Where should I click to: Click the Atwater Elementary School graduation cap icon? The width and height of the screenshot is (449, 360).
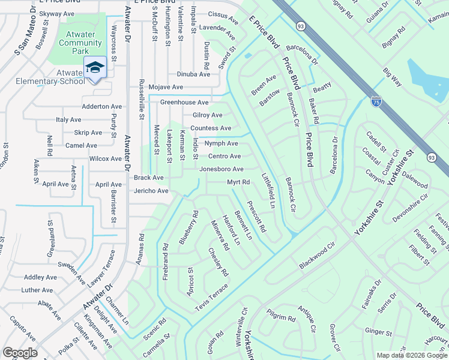(95, 67)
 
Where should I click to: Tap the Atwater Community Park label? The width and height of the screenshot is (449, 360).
(80, 43)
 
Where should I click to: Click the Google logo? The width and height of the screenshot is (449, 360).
(20, 353)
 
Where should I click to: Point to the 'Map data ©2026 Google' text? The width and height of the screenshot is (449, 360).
(411, 355)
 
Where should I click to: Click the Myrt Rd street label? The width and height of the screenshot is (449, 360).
(238, 182)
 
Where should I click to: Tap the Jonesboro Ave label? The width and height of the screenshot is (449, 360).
(221, 169)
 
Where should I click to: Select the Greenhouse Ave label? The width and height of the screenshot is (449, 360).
(184, 103)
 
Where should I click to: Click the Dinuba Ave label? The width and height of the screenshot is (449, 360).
(193, 74)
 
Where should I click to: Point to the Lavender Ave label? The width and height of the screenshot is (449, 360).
(218, 28)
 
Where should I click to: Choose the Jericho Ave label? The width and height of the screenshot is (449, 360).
(151, 191)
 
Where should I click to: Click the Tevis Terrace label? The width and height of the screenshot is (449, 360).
(211, 298)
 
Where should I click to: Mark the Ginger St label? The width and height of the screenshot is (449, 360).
(378, 332)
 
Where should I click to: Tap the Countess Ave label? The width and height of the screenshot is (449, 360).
(211, 128)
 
